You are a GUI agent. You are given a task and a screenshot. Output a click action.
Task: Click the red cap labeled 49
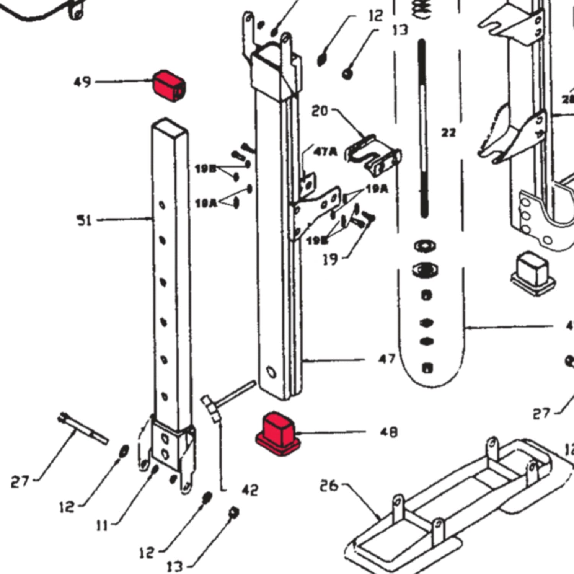pos(169,86)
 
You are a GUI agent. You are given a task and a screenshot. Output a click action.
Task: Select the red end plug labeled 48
pos(278,433)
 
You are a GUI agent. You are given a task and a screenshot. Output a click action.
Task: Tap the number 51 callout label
pos(84,220)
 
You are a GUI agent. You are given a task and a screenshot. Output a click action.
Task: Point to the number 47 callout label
pos(386,359)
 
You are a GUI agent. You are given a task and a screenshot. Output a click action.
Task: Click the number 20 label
pos(320,111)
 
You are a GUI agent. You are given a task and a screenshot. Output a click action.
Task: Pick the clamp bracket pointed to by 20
pos(373,156)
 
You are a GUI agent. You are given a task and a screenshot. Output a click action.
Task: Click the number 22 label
pos(448,133)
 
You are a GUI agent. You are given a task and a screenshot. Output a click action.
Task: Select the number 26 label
pos(329,486)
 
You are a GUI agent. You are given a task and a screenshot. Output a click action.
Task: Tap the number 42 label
pos(250,490)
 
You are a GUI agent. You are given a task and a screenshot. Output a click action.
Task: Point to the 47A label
pos(325,152)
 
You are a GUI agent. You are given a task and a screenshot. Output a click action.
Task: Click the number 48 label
pos(389,432)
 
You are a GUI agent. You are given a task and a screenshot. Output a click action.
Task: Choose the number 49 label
pos(82,82)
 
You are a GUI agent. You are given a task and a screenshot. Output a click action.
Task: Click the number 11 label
pos(102,526)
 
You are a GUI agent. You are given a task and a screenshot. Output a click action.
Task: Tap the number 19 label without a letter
pos(330,260)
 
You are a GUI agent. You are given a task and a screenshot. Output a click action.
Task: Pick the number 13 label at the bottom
pos(175,566)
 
